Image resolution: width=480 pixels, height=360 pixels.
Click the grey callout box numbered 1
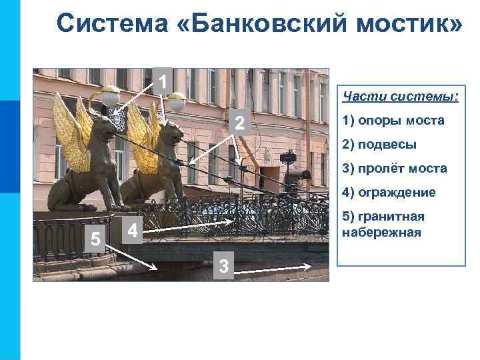162,81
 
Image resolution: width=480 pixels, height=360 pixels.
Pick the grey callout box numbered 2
241,123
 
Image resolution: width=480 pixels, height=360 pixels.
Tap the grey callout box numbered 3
224,265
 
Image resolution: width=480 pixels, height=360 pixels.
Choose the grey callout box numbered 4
133,230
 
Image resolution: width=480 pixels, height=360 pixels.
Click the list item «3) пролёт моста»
394,169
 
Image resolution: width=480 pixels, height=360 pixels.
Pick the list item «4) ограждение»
389,193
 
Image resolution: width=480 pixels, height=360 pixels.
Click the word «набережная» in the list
381,232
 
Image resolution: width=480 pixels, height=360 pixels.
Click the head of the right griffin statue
171,135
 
